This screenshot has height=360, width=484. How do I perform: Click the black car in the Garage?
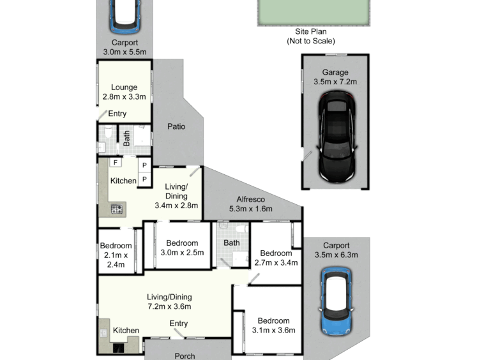click(337, 137)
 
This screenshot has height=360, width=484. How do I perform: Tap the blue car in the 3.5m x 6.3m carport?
click(336, 301)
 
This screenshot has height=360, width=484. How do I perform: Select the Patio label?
click(176, 126)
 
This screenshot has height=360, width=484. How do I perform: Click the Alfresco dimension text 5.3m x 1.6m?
click(251, 209)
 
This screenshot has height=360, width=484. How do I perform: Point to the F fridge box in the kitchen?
click(116, 162)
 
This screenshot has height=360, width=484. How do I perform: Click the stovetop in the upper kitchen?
click(117, 209)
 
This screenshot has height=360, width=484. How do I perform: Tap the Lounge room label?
click(124, 87)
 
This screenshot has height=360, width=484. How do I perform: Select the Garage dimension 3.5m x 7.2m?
click(335, 82)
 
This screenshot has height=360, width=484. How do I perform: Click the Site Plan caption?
click(310, 31)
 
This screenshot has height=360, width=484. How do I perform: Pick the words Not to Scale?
click(311, 41)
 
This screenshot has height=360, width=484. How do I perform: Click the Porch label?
click(185, 356)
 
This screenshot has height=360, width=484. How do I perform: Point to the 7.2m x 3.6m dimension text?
click(169, 306)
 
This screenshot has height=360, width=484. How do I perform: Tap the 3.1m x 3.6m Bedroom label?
click(273, 321)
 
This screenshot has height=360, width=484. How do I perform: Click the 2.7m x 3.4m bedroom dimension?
click(276, 263)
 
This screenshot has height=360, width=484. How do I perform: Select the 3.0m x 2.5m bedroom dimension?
click(182, 253)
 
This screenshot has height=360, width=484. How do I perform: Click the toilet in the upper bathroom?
click(108, 132)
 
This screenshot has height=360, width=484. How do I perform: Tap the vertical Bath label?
click(126, 139)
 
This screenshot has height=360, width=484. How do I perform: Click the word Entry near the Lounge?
click(117, 114)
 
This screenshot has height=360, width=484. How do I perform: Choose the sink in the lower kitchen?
click(103, 333)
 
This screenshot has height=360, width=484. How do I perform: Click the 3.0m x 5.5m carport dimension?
click(125, 52)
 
